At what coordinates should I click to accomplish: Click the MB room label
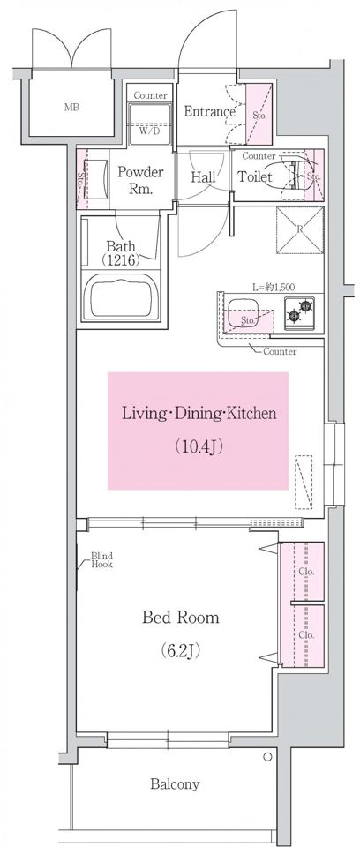click(71, 107)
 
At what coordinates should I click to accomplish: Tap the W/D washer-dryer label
click(150, 131)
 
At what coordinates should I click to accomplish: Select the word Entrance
click(210, 112)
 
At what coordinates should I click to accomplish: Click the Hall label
click(204, 176)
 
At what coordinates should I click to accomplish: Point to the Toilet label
click(255, 176)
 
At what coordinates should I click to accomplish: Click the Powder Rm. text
click(140, 181)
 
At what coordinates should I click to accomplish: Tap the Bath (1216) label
click(121, 253)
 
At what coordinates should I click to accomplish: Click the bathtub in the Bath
click(122, 296)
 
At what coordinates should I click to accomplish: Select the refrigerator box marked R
click(300, 229)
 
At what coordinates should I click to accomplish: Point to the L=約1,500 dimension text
click(274, 288)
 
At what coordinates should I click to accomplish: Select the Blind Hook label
click(101, 560)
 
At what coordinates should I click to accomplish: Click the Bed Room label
click(181, 617)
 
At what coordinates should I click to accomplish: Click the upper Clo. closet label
click(306, 572)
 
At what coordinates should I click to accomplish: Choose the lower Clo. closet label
click(306, 634)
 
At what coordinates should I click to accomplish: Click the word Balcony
click(175, 783)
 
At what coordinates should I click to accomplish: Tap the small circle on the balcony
click(267, 757)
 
